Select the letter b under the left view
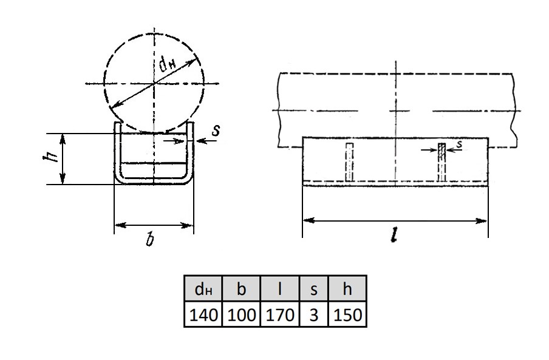[x=150, y=240]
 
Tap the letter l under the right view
[x=395, y=234]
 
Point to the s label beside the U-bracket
[x=216, y=130]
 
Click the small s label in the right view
[x=459, y=143]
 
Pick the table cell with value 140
[x=203, y=314]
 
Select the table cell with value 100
[x=241, y=314]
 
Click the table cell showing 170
[x=280, y=314]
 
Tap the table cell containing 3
[x=314, y=314]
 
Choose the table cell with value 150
[x=347, y=314]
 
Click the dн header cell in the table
[x=203, y=288]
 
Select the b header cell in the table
[x=241, y=288]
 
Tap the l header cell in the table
[x=280, y=288]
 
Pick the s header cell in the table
[x=314, y=288]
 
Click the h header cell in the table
[x=347, y=288]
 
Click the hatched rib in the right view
[x=442, y=162]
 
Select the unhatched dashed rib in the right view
[x=349, y=162]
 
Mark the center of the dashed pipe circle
[x=154, y=84]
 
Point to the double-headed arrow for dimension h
[x=63, y=159]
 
